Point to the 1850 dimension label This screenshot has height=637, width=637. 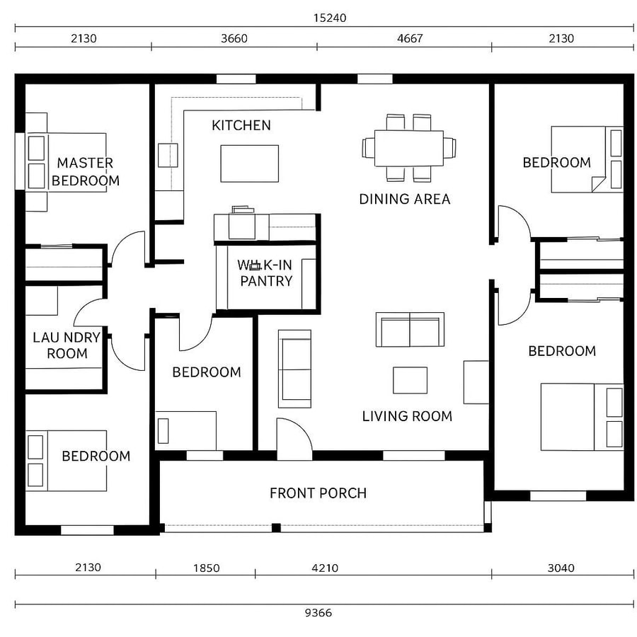[205, 568]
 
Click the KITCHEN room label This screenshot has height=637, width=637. [241, 125]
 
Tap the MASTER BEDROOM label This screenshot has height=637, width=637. [85, 172]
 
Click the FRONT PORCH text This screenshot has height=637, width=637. [318, 493]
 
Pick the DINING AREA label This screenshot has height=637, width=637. [404, 199]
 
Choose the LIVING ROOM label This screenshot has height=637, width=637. [407, 416]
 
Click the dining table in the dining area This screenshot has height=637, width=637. [408, 147]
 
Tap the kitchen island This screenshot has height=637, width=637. [249, 163]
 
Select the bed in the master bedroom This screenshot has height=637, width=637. [67, 161]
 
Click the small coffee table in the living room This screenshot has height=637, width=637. [410, 380]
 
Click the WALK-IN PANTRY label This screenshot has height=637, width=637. [265, 273]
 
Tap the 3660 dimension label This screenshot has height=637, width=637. [234, 38]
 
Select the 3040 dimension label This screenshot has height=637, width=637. [561, 568]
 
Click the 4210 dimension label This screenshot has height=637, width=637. [325, 568]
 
